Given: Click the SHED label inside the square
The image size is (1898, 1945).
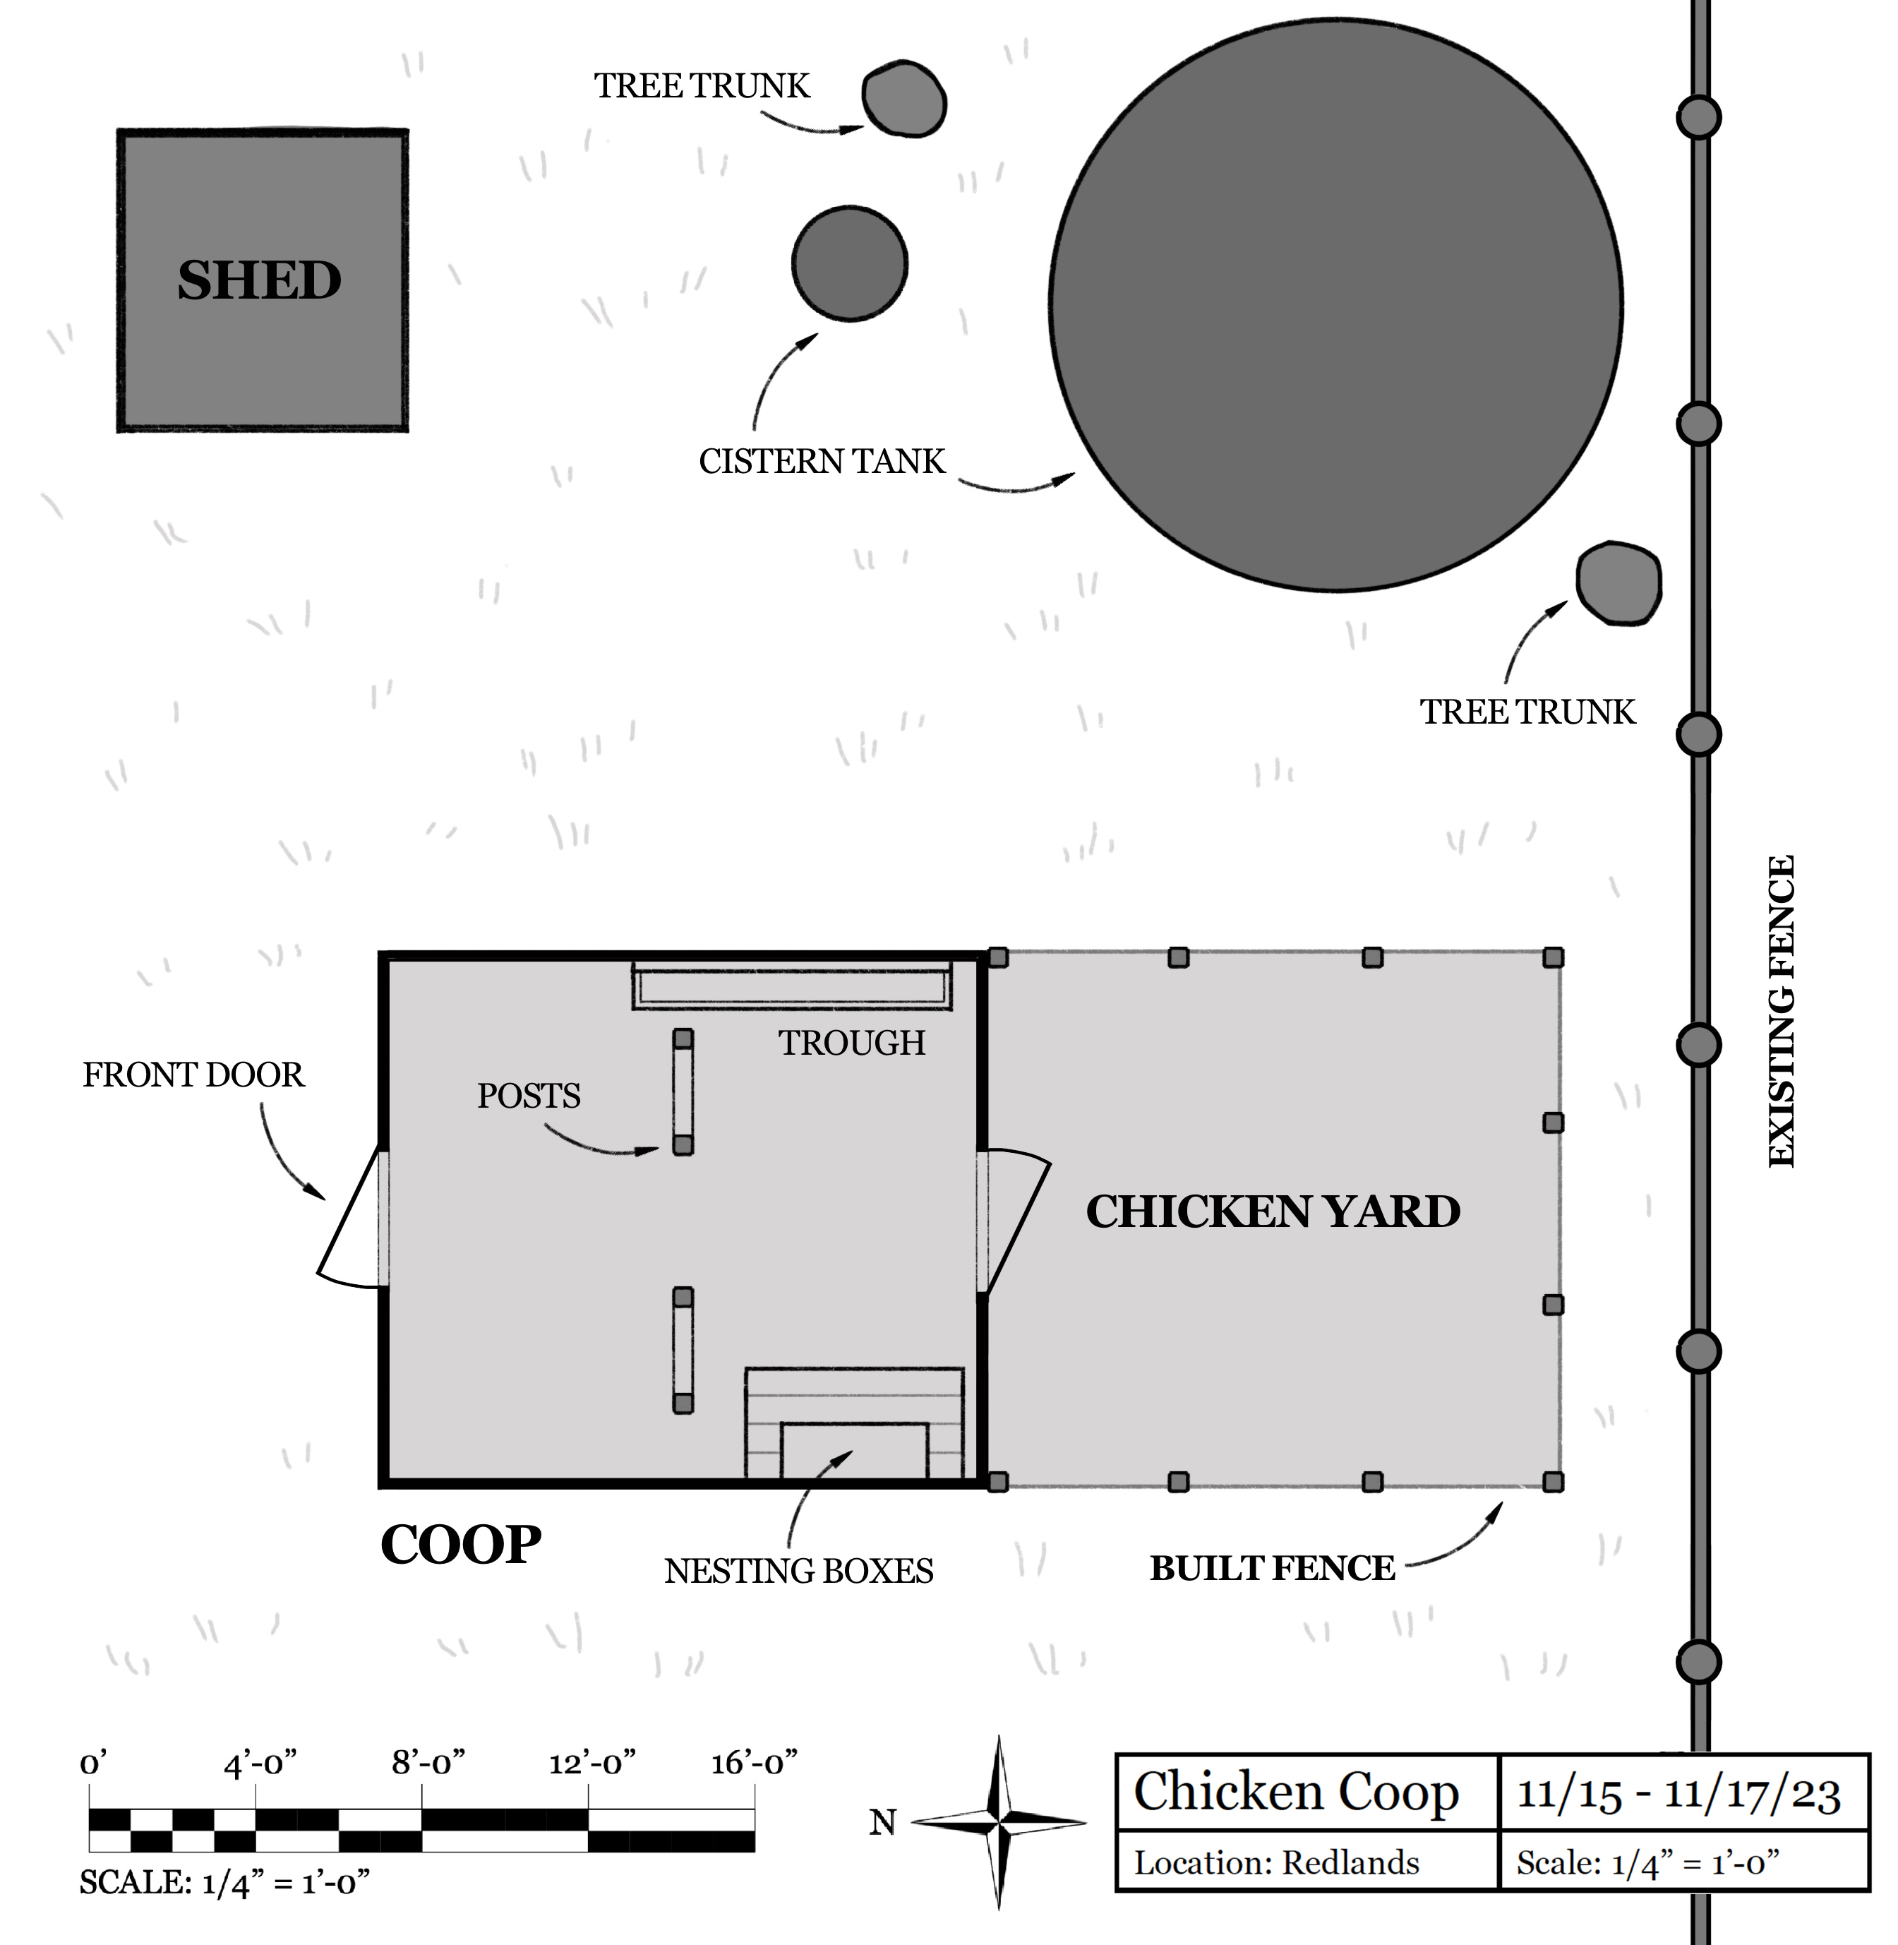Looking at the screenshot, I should point(259,280).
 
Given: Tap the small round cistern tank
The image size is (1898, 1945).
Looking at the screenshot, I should point(849,263).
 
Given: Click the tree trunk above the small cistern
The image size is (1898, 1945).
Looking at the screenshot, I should point(904,100).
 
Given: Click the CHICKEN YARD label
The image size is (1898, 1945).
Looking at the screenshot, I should point(1273,1212).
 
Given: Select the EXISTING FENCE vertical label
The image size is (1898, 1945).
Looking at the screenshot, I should point(1782,1011).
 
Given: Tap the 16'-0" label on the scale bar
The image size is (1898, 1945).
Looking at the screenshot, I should point(755,1764).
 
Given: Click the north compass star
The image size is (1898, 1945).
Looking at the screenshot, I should point(999,1822).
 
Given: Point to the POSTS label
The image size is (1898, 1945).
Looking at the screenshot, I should point(529,1096).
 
